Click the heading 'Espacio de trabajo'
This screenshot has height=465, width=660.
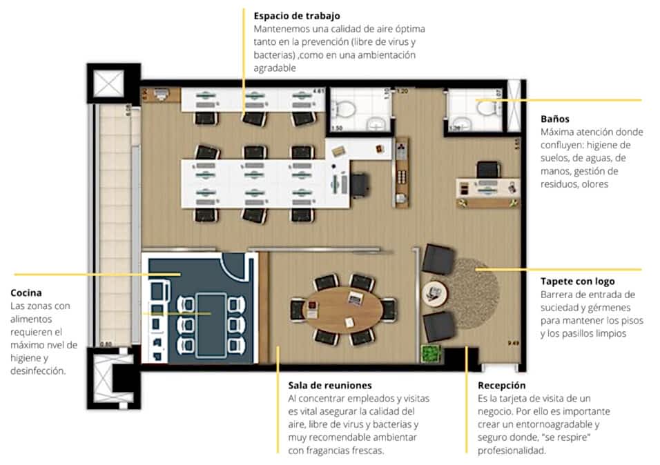tap(297, 16)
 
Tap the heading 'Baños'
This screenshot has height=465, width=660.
tap(555, 119)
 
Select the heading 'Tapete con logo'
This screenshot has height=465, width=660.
tap(577, 281)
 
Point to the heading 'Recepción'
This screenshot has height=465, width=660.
tap(501, 386)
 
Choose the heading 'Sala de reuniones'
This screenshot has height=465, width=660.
tap(330, 386)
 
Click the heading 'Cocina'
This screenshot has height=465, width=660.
tap(26, 293)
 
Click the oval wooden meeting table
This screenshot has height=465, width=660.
tap(342, 309)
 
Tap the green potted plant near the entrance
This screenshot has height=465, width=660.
tap(431, 353)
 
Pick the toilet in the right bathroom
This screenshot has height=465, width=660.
tap(487, 108)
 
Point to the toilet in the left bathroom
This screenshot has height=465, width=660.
tap(344, 108)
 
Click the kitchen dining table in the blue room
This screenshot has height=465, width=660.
tap(211, 325)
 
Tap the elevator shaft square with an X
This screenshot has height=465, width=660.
tap(108, 83)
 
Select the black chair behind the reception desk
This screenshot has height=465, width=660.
tap(488, 170)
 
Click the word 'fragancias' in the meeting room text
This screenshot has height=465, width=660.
tap(331, 451)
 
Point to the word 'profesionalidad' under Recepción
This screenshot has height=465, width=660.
tap(512, 451)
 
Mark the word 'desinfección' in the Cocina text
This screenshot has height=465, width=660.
tap(38, 370)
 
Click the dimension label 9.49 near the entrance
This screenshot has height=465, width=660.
tap(513, 343)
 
